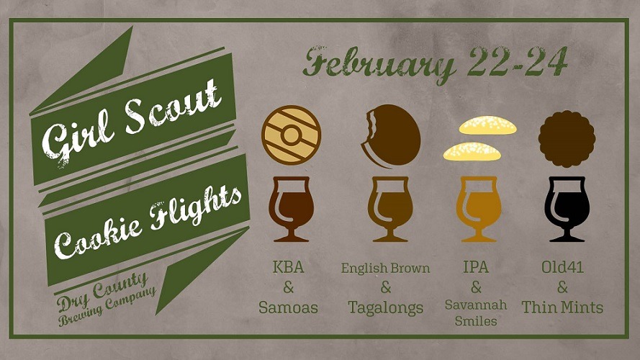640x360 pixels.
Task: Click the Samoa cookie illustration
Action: (291, 135)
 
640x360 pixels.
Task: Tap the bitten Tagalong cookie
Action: (391, 135)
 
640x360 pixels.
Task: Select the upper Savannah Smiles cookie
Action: (488, 125)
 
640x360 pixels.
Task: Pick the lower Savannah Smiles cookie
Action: (472, 151)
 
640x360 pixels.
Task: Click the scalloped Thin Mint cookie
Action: (567, 139)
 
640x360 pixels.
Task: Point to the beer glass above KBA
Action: (291, 209)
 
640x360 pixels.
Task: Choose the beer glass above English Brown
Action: (390, 209)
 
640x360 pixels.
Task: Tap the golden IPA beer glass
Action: (478, 209)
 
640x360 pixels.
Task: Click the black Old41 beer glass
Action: (567, 209)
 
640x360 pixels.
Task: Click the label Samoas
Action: (288, 307)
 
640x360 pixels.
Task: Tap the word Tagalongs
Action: (386, 308)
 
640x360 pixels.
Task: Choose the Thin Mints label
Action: (562, 307)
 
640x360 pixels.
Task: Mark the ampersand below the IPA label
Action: (476, 287)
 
